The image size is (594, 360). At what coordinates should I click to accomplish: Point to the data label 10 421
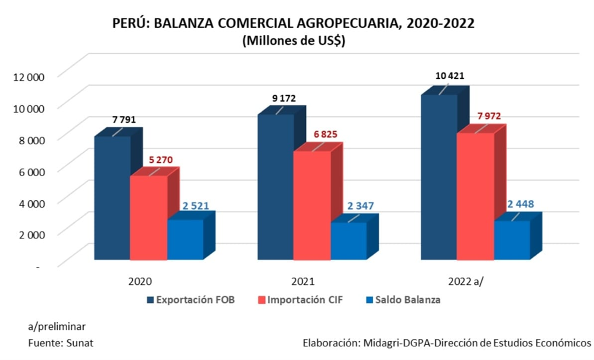click(x=450, y=76)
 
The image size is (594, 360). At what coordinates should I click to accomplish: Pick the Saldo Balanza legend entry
click(x=407, y=300)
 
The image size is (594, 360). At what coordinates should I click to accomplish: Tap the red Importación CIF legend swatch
click(x=260, y=300)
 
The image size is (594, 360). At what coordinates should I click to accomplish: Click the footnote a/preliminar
click(x=57, y=326)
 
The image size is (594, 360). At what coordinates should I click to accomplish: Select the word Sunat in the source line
click(x=81, y=343)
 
